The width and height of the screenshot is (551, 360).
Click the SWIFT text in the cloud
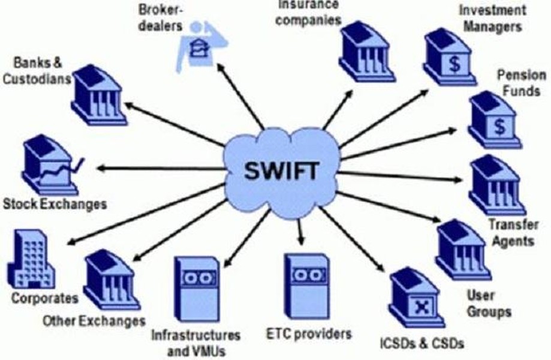[281, 171]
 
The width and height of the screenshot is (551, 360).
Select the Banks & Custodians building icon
[99, 95]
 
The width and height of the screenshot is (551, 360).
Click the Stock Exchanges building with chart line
[52, 165]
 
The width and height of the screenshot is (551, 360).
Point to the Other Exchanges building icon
[112, 280]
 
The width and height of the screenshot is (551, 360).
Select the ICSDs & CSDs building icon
[417, 298]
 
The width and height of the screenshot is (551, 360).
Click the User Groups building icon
[463, 250]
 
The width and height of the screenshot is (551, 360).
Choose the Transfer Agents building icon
[496, 185]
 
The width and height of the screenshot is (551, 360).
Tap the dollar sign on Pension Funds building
[499, 127]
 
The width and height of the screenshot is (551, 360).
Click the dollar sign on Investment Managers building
[454, 64]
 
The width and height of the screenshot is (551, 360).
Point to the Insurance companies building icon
[367, 52]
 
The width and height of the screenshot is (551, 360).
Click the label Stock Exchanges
[55, 204]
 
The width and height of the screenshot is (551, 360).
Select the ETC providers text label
[309, 333]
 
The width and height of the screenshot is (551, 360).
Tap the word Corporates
[44, 298]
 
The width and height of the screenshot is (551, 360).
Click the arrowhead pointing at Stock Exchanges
[102, 169]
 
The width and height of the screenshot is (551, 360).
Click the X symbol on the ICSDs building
[420, 307]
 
